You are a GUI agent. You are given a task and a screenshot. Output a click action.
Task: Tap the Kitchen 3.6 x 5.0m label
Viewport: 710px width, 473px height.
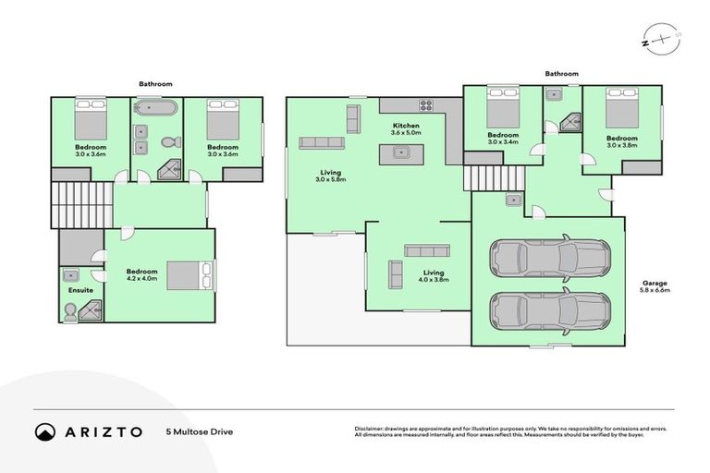406,129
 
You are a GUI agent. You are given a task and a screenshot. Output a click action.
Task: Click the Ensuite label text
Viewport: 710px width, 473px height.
80,290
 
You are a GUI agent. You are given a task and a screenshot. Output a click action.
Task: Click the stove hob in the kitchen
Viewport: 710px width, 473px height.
427,104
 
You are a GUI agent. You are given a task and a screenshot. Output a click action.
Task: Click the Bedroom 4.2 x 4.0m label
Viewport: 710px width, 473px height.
142,274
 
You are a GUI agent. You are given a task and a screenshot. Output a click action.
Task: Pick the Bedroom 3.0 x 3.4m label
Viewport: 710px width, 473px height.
503,139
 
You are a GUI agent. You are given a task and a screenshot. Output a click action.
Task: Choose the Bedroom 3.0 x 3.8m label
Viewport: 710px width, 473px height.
622,140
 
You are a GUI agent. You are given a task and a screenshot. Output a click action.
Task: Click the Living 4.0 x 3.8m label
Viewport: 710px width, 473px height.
434,276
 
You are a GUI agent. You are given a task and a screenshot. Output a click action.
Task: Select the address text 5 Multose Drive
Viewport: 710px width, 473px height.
199,431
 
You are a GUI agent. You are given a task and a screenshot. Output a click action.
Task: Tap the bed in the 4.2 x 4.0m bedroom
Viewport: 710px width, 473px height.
191,275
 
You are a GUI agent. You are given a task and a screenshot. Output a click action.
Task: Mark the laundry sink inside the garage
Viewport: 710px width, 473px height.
512,200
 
